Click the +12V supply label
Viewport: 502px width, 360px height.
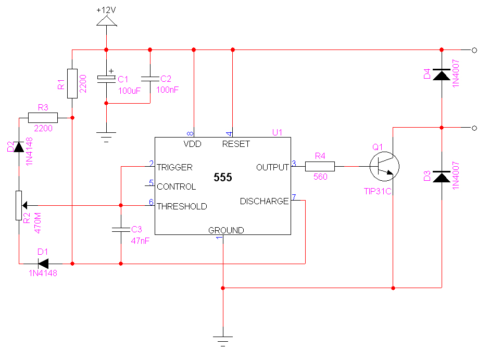(x=106, y=10)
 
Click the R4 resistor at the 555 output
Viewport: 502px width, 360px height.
(x=319, y=167)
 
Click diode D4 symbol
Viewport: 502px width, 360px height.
(x=442, y=75)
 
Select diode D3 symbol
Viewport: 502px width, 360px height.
(x=442, y=177)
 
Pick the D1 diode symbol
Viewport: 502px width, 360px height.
(x=44, y=264)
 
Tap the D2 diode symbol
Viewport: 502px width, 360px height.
(x=19, y=147)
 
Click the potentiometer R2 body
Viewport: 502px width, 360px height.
(x=19, y=205)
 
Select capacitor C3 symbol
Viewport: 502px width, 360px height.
(x=120, y=229)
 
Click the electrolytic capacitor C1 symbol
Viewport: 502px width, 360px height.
(x=106, y=79)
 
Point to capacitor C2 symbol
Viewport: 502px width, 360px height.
(x=150, y=79)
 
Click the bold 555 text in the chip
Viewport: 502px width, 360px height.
(x=222, y=177)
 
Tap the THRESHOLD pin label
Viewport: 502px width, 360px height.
(x=182, y=206)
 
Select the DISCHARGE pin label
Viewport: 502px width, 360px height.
(x=264, y=201)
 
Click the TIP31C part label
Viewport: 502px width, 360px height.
(x=378, y=191)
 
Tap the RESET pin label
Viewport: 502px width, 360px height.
(x=236, y=144)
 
